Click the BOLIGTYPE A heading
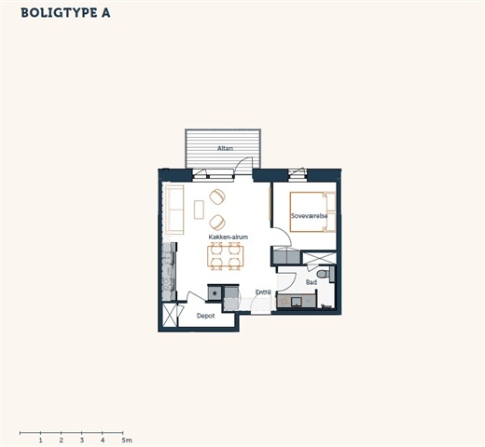click(x=65, y=13)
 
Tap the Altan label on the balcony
click(x=225, y=148)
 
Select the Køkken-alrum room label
click(x=229, y=237)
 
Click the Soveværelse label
click(x=309, y=216)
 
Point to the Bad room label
click(x=312, y=282)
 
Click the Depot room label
click(x=205, y=316)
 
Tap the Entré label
click(x=263, y=292)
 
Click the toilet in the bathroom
click(x=324, y=274)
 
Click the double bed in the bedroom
click(x=312, y=211)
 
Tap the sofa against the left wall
click(x=174, y=210)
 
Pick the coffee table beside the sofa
click(x=199, y=210)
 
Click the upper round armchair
click(x=217, y=196)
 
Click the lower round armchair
click(x=217, y=223)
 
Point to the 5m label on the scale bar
click(x=127, y=440)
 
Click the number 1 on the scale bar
click(x=41, y=440)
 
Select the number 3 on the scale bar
click(x=82, y=440)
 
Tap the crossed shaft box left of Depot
click(x=170, y=315)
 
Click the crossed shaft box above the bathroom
click(x=320, y=258)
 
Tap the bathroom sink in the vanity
click(x=296, y=302)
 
